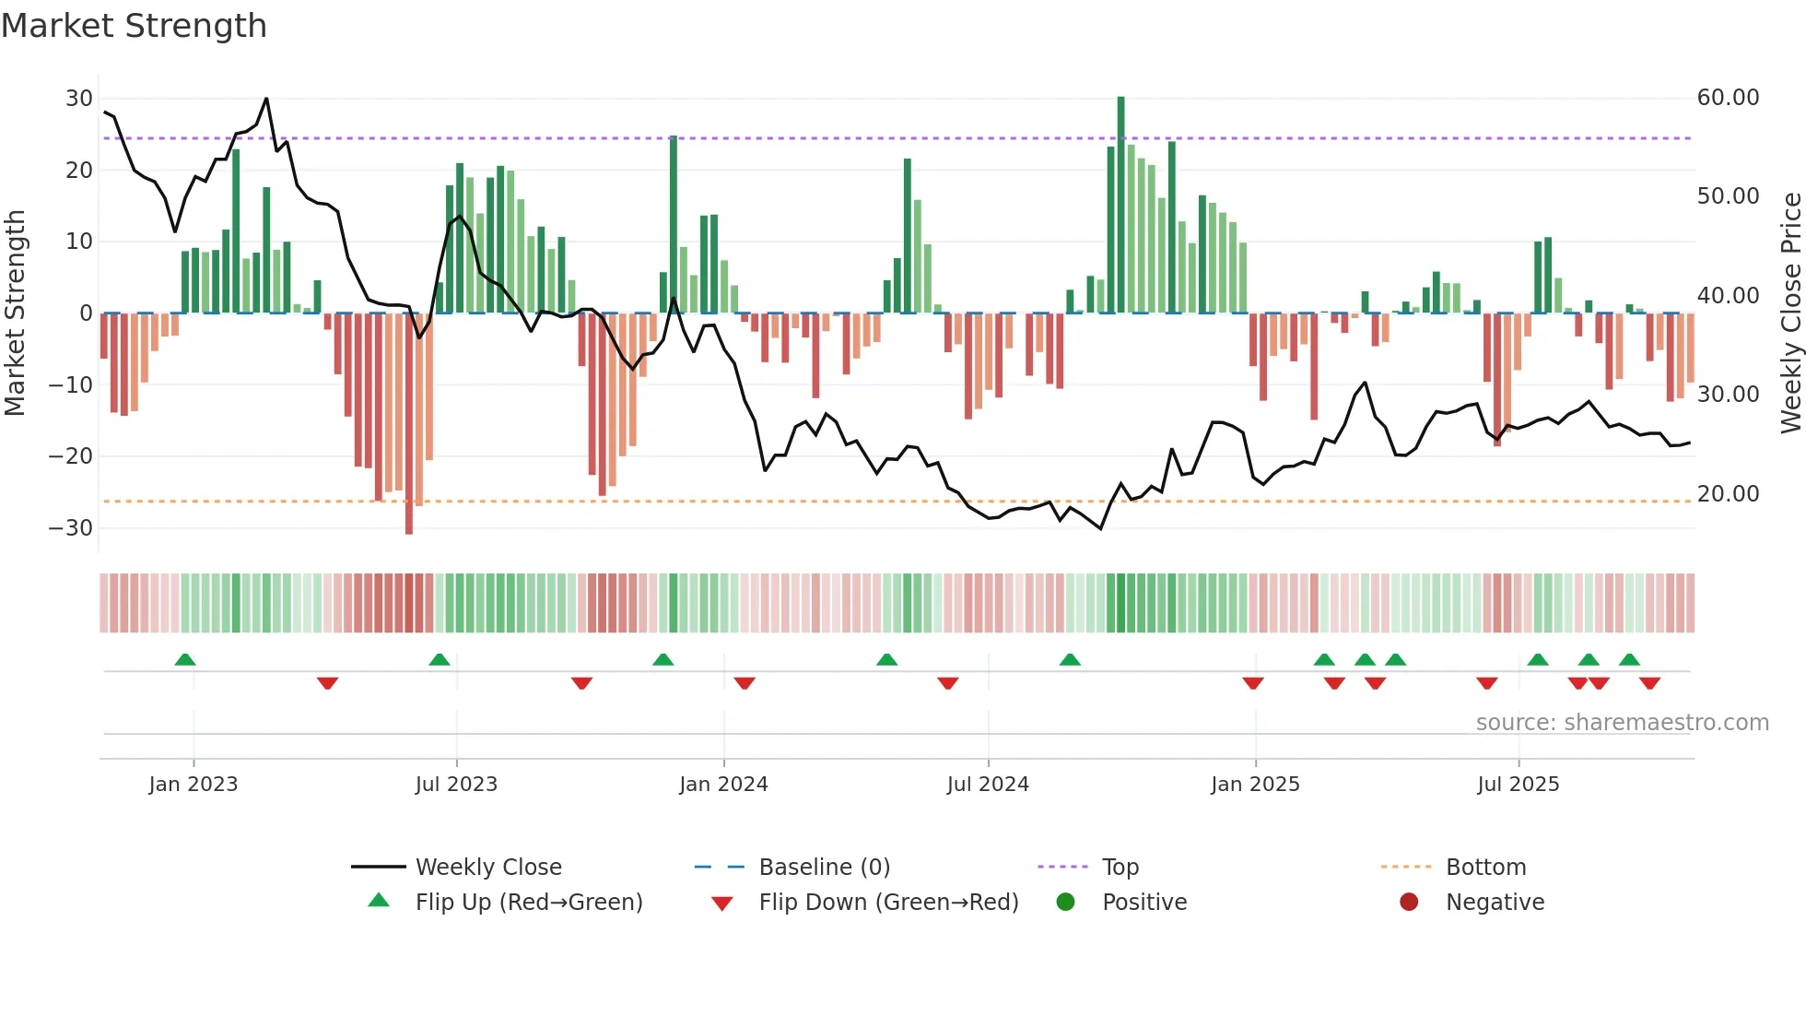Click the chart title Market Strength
(134, 26)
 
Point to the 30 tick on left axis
(79, 99)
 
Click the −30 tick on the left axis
(71, 528)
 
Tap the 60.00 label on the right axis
(1728, 98)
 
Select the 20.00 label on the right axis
(1728, 494)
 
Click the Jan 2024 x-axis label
(723, 785)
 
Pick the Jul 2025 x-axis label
(1518, 785)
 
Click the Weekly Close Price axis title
(1790, 313)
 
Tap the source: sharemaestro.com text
(1622, 723)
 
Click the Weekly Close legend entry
(487, 868)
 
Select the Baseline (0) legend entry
(824, 868)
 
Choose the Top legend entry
(1120, 868)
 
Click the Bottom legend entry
(1485, 868)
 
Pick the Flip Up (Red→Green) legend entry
(528, 903)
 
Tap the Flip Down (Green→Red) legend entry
(888, 903)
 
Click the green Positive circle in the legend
(1066, 903)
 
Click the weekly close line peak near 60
(266, 99)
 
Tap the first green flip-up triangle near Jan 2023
(185, 660)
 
